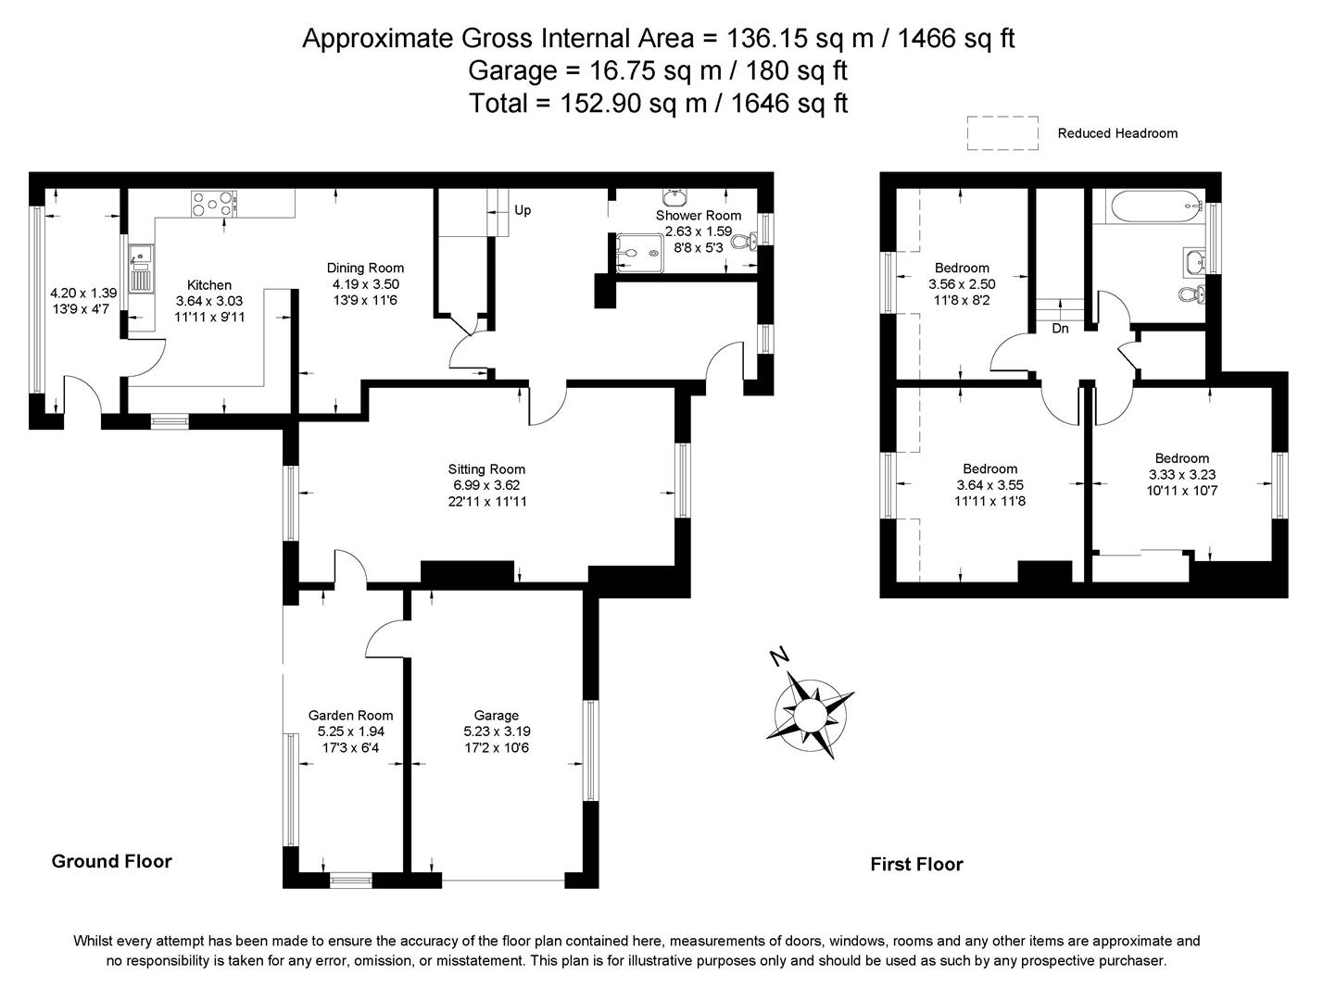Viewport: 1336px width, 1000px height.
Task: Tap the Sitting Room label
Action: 486,469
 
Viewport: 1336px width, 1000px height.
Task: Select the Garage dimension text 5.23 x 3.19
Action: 497,731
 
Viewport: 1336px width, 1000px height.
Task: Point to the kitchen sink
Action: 141,253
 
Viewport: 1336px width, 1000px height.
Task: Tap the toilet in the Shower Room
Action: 744,242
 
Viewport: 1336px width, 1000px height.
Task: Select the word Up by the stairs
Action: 523,210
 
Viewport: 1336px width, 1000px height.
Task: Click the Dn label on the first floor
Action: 1061,328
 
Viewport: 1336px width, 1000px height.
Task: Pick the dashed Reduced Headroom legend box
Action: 1002,132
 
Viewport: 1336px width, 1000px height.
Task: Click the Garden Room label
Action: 350,715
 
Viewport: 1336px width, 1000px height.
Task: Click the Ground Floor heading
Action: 111,861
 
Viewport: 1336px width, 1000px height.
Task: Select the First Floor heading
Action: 916,864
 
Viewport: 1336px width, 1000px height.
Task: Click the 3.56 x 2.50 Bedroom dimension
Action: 962,284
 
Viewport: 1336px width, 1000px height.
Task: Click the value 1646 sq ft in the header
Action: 789,103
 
